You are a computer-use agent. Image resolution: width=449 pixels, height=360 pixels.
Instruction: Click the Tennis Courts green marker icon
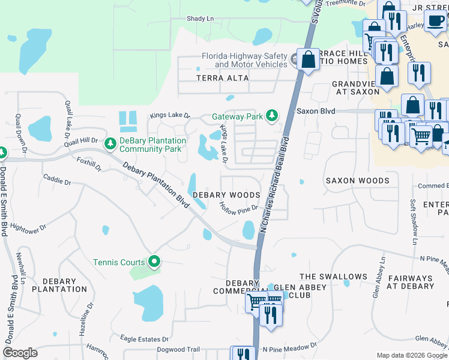(x=154, y=262)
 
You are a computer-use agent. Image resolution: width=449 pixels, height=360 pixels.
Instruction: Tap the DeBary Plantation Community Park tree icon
(x=110, y=143)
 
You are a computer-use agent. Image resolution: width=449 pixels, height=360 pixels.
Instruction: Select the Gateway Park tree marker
(x=272, y=115)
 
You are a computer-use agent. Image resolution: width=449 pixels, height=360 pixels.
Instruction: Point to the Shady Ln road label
(x=200, y=19)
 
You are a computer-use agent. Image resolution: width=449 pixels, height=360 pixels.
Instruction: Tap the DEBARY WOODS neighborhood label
(x=226, y=195)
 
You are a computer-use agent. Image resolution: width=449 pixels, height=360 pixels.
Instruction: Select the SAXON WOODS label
(x=357, y=180)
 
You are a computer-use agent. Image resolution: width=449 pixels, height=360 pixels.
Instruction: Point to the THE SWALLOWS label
(x=333, y=277)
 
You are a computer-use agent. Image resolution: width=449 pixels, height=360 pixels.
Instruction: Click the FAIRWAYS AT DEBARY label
(x=411, y=282)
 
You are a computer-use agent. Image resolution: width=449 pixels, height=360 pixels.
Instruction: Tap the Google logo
(x=20, y=353)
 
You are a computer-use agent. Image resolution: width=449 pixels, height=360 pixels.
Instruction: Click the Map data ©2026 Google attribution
(x=411, y=355)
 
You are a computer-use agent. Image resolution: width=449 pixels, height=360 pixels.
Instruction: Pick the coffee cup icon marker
(x=435, y=21)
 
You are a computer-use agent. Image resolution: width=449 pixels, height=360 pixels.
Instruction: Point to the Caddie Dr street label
(x=56, y=178)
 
